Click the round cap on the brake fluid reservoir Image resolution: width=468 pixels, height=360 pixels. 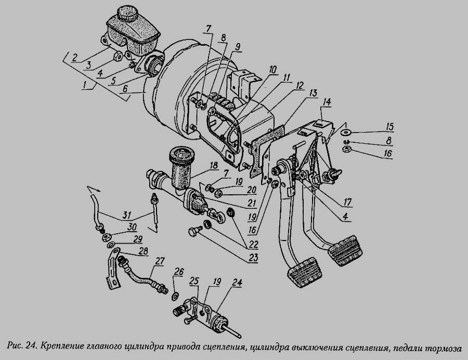coord(126,13)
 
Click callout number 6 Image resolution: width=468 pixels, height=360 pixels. coord(125,89)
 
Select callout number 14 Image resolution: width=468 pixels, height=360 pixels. coord(327,102)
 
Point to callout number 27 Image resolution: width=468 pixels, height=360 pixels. coord(160,262)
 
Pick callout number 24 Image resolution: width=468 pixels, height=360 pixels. coord(237,283)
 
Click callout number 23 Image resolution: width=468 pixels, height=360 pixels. coord(253,258)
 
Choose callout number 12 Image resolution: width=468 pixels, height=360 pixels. coord(299,86)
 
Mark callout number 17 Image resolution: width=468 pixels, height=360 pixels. coord(347,203)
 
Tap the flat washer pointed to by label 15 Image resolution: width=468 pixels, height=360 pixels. coord(346,131)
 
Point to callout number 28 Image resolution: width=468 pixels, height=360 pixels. coord(144,251)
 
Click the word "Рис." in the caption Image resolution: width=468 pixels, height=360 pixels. coord(15,346)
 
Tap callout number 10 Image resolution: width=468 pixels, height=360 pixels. coord(273,70)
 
